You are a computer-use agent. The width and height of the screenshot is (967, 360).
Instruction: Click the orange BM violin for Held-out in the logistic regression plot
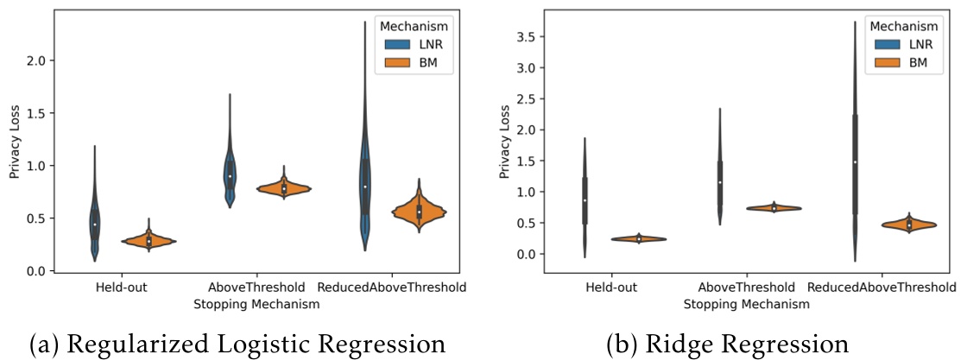(x=149, y=242)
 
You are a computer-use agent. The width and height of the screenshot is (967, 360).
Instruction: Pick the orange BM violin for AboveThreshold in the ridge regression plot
(x=774, y=208)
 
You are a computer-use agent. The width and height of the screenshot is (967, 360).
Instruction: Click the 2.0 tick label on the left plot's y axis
(x=35, y=60)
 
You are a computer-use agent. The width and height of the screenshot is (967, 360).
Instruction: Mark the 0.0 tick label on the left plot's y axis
(x=35, y=271)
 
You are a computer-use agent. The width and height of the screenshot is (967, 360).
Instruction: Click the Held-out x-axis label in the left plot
(x=121, y=287)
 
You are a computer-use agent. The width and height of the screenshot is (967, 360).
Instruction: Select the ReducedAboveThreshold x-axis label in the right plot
(x=883, y=287)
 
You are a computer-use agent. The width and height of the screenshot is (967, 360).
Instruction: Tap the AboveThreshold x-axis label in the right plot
(x=747, y=287)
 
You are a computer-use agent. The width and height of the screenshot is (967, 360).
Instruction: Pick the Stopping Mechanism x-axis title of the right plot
(x=747, y=304)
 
